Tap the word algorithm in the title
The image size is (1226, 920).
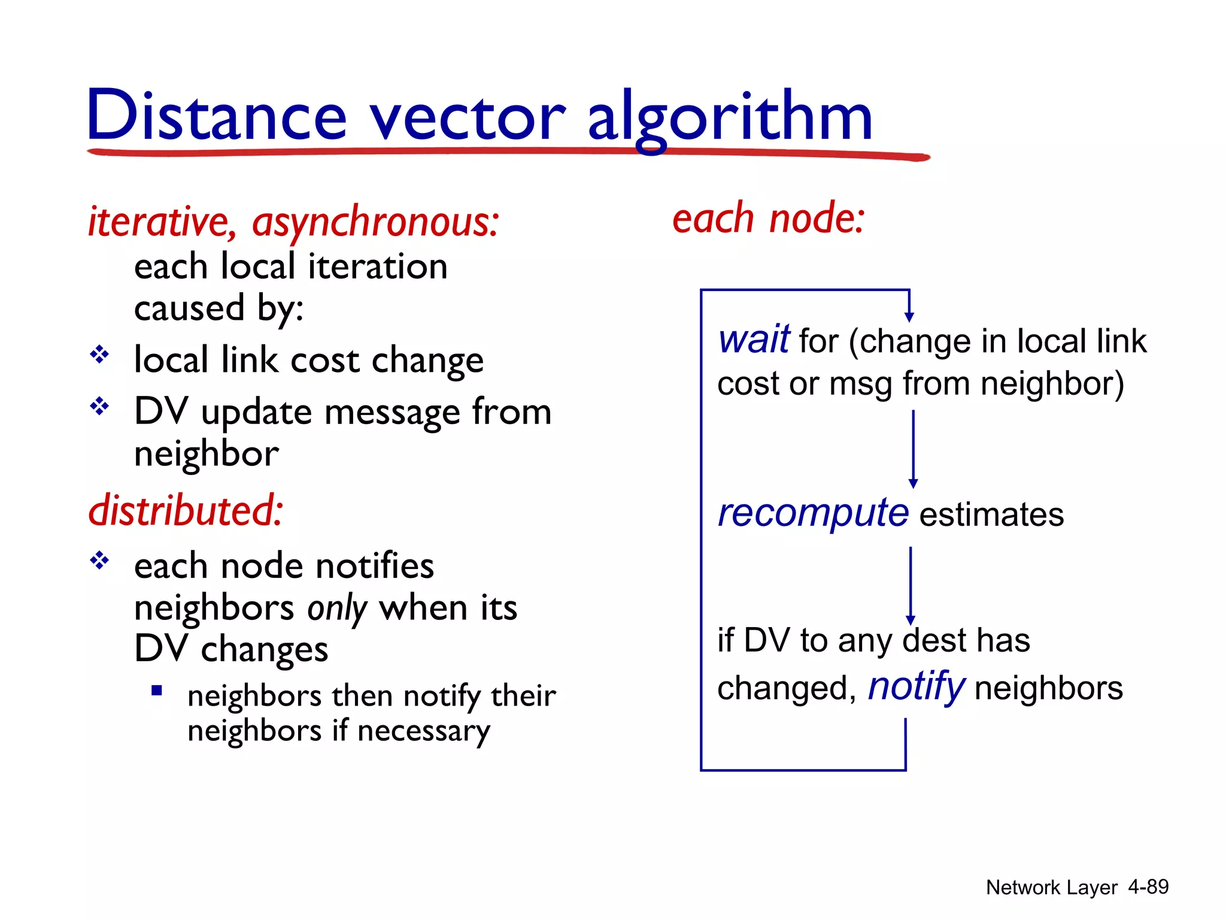(x=730, y=117)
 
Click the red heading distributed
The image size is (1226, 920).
(x=186, y=511)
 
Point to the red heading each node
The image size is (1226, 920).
(x=769, y=219)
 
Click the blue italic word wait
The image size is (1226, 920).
(x=754, y=340)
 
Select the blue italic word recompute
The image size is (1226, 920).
(x=813, y=514)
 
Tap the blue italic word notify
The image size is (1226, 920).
(x=915, y=687)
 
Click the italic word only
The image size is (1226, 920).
(x=337, y=609)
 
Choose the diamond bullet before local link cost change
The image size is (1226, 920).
(x=99, y=355)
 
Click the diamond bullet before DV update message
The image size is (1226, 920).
(x=99, y=407)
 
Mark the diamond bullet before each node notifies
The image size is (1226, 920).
(x=99, y=561)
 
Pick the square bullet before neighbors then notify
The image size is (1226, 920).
(x=157, y=691)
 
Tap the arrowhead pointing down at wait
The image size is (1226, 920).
(x=909, y=316)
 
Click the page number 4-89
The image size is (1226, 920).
(x=1148, y=886)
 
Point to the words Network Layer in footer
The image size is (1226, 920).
(x=1051, y=887)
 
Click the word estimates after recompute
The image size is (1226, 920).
(x=991, y=515)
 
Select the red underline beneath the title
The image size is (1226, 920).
(x=509, y=153)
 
